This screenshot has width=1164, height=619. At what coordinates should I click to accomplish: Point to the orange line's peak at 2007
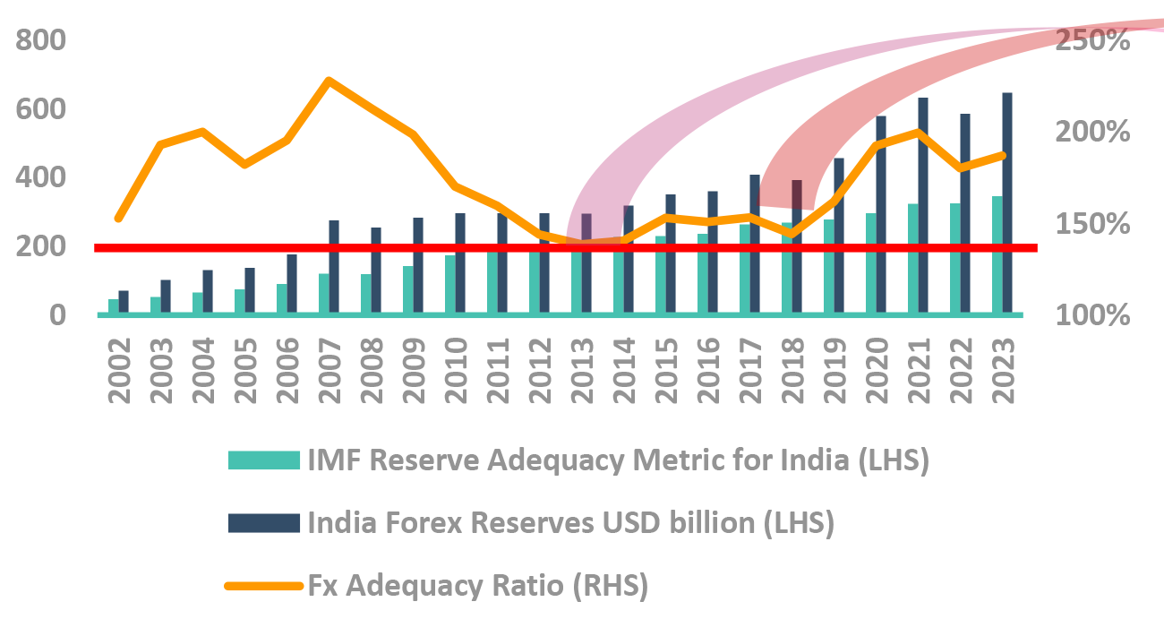click(x=329, y=81)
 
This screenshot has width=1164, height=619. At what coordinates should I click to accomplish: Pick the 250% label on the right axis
click(x=1091, y=41)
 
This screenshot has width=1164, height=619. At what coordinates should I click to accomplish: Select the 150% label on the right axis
click(x=1091, y=224)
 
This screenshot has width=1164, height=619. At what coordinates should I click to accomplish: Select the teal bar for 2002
click(x=114, y=306)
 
